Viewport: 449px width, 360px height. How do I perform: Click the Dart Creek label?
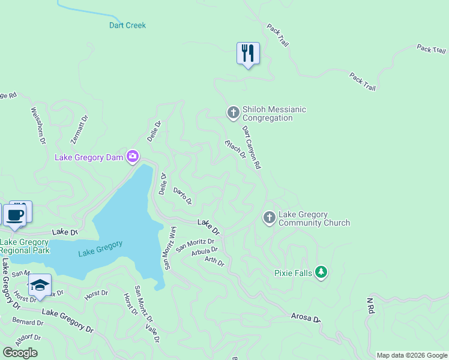click(x=127, y=25)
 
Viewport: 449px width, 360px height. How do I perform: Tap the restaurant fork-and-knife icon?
click(x=247, y=53)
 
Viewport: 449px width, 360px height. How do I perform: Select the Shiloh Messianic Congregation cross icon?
click(x=233, y=112)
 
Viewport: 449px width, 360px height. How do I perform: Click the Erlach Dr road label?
click(x=235, y=149)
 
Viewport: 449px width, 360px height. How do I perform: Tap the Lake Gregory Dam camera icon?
click(x=133, y=157)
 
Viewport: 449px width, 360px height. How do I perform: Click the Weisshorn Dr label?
click(x=37, y=126)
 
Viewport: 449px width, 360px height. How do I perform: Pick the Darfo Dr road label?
click(x=182, y=195)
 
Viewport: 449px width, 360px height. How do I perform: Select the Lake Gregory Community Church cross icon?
click(x=270, y=218)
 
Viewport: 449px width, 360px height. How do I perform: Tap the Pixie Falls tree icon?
click(x=321, y=272)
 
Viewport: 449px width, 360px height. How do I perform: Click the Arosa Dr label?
click(x=306, y=316)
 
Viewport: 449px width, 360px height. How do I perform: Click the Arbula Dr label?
click(x=203, y=251)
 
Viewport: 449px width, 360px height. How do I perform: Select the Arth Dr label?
click(x=214, y=261)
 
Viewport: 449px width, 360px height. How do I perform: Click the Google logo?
click(x=20, y=352)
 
